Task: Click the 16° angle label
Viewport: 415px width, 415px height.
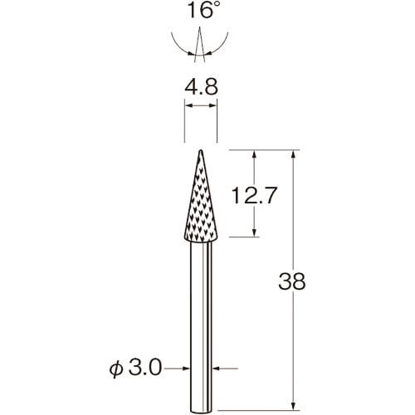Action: point(201,10)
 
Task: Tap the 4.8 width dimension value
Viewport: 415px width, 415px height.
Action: point(201,86)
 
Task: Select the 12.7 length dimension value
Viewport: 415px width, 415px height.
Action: point(254,195)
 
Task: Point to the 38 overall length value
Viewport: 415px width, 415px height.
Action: point(292,281)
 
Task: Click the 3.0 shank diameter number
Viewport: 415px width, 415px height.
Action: point(145,369)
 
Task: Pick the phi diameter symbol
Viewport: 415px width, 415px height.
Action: point(116,369)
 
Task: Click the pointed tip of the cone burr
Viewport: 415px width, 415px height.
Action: point(201,150)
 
